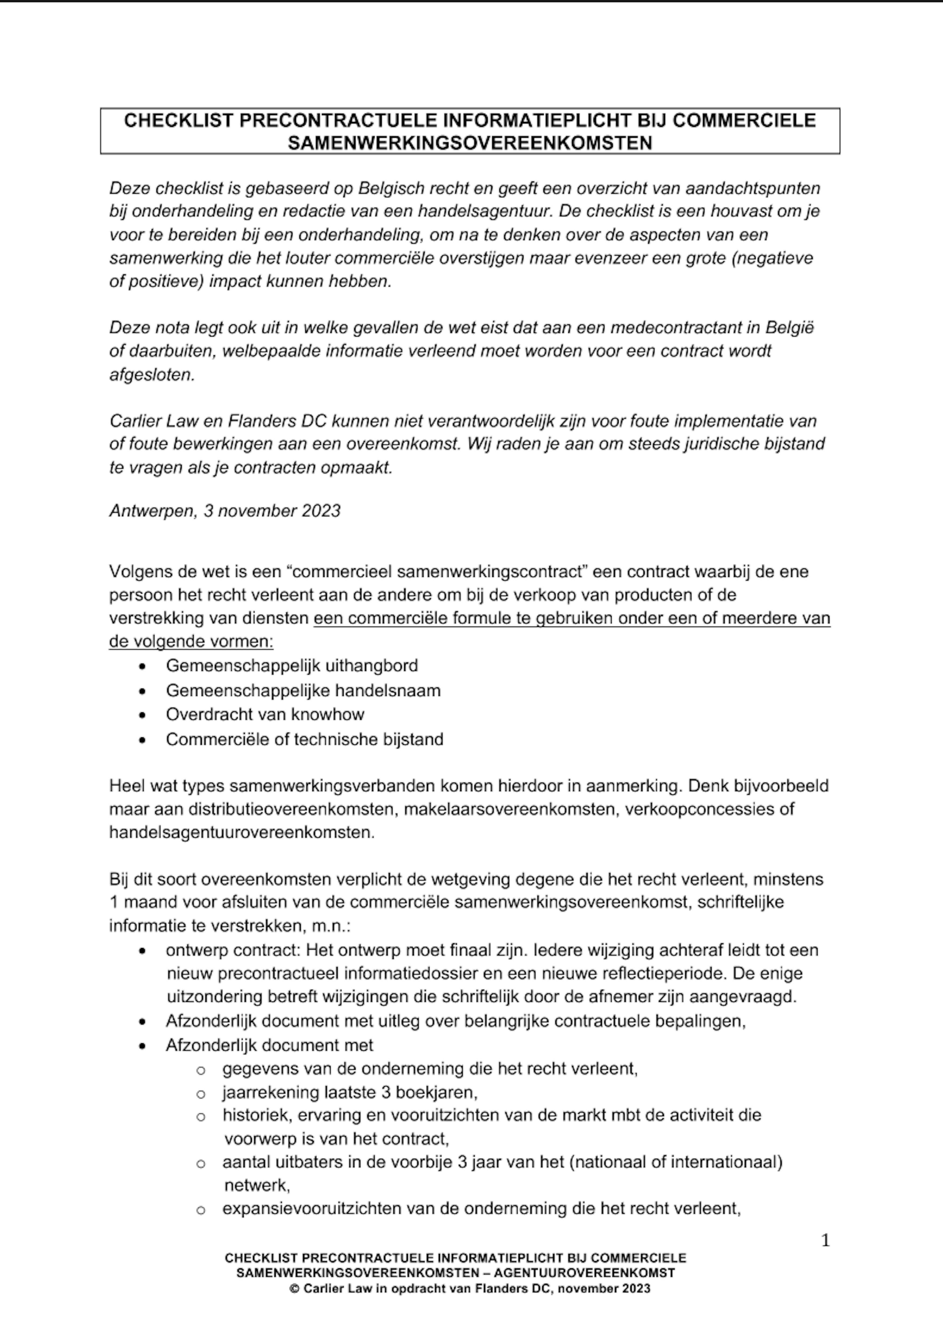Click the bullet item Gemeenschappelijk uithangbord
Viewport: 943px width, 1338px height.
pyautogui.click(x=291, y=665)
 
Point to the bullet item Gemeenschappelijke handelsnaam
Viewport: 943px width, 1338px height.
pyautogui.click(x=303, y=690)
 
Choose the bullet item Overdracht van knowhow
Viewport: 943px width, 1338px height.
pyautogui.click(x=265, y=715)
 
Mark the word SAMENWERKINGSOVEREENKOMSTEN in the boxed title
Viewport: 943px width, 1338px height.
pyautogui.click(x=470, y=143)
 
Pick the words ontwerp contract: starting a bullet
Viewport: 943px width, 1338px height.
pyautogui.click(x=233, y=950)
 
